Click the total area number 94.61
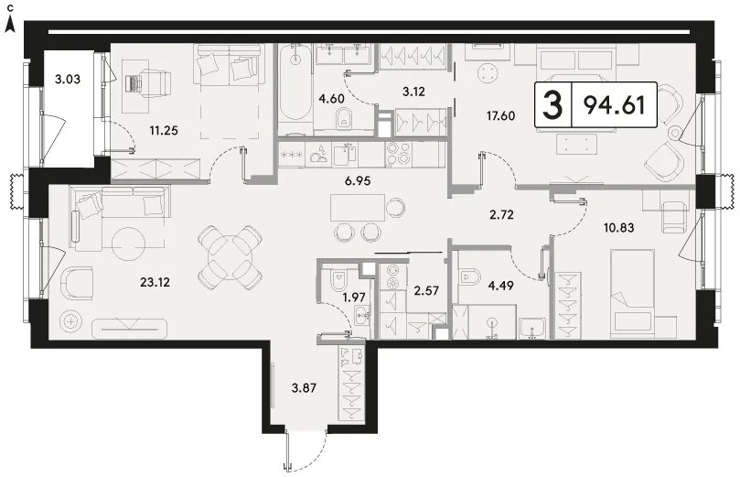tap(614, 104)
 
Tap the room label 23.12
tap(155, 282)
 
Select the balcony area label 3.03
tap(67, 79)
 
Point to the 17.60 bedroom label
tap(500, 115)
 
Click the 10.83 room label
tap(618, 228)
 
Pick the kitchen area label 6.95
tap(358, 180)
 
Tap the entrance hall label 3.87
tap(304, 388)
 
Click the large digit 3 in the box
tap(552, 105)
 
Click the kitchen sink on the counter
tap(346, 154)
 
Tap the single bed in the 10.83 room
tap(632, 293)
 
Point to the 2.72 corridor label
tap(501, 215)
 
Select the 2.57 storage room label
tap(426, 290)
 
